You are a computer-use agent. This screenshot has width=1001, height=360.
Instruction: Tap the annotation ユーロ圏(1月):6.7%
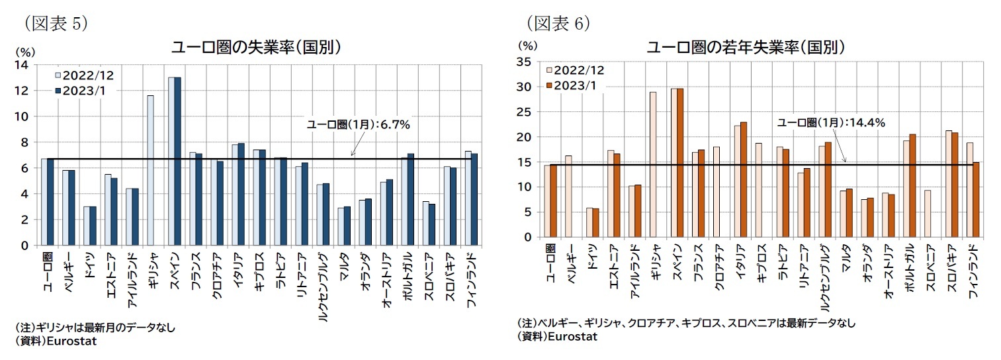(358, 124)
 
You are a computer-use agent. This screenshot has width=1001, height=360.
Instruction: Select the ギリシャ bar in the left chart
(150, 170)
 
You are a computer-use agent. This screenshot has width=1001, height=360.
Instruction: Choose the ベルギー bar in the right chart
(568, 197)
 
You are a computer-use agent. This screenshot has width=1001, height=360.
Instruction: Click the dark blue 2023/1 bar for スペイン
(177, 161)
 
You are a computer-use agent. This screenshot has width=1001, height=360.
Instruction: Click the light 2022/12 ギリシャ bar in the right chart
(653, 165)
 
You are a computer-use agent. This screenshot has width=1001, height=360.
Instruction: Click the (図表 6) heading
(558, 23)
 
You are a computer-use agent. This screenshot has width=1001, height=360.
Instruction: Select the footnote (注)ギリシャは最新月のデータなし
(95, 328)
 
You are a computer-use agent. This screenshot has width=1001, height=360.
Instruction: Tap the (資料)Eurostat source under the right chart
(558, 336)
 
